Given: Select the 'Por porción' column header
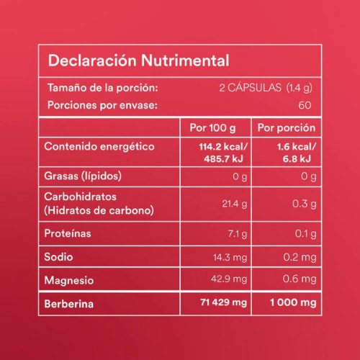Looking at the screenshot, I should (287, 128).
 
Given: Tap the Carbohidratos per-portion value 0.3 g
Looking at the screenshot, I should (305, 204).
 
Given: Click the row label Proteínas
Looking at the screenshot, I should (68, 233).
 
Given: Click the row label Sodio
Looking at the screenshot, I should (58, 256).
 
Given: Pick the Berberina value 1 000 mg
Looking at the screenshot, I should (291, 303).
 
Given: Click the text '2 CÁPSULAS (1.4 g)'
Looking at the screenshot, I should (268, 88).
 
